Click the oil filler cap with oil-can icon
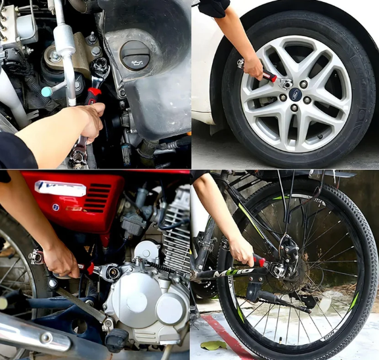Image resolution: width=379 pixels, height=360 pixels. [136, 53]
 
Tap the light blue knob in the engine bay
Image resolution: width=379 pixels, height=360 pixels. [47, 92]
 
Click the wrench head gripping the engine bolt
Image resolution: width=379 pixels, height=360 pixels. [101, 66]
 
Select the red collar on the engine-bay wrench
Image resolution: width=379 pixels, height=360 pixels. [95, 91]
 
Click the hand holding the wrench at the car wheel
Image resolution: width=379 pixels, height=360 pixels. [252, 66]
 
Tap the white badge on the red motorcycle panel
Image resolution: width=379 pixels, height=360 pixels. [60, 189]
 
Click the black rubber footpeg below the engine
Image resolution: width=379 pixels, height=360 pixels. [118, 340]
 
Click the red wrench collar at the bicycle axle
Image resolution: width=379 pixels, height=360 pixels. [260, 262]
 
